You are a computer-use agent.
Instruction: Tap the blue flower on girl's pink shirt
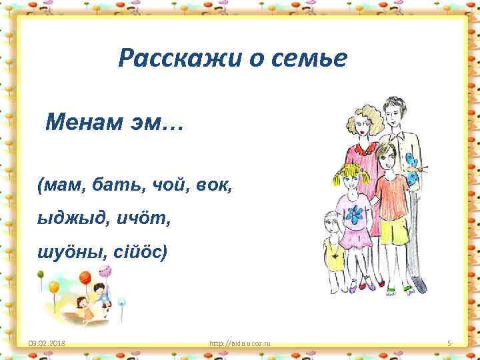(x=357, y=213)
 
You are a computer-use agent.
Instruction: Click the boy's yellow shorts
(x=393, y=231)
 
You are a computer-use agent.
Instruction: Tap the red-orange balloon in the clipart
(x=85, y=277)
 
